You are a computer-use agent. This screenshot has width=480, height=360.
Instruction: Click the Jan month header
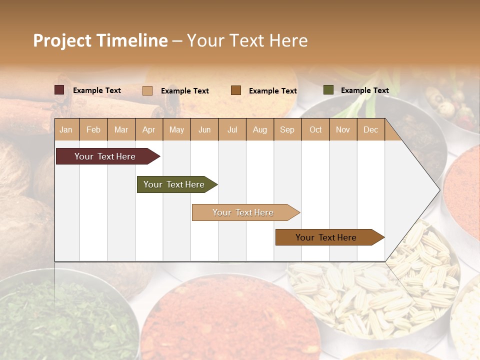(x=66, y=129)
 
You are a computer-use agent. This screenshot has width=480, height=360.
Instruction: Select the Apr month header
(x=148, y=129)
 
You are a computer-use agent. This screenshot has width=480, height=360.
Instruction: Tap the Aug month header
(x=259, y=129)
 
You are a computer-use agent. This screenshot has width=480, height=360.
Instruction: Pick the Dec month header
(x=370, y=129)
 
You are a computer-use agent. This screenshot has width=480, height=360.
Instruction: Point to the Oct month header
(x=315, y=129)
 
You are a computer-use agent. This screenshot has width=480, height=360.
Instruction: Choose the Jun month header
(x=204, y=129)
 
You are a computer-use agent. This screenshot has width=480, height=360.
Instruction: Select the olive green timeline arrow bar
(x=175, y=184)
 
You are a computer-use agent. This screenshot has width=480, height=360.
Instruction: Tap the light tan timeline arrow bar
(x=244, y=212)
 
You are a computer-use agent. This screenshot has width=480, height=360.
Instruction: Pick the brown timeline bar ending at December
(x=327, y=237)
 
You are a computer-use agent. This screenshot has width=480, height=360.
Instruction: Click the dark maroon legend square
(x=59, y=90)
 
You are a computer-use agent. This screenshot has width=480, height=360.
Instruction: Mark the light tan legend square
(x=147, y=90)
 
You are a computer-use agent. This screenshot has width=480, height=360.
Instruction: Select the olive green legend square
(x=328, y=90)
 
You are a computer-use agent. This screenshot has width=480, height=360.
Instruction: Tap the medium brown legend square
(x=236, y=90)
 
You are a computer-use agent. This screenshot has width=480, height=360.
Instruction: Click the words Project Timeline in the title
(x=100, y=40)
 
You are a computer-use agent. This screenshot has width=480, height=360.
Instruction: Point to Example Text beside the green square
(x=364, y=90)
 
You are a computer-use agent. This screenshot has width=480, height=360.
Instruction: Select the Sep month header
(x=287, y=129)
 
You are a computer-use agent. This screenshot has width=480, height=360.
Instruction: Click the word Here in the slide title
(x=288, y=40)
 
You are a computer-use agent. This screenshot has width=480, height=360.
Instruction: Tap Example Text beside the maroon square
(x=96, y=90)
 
